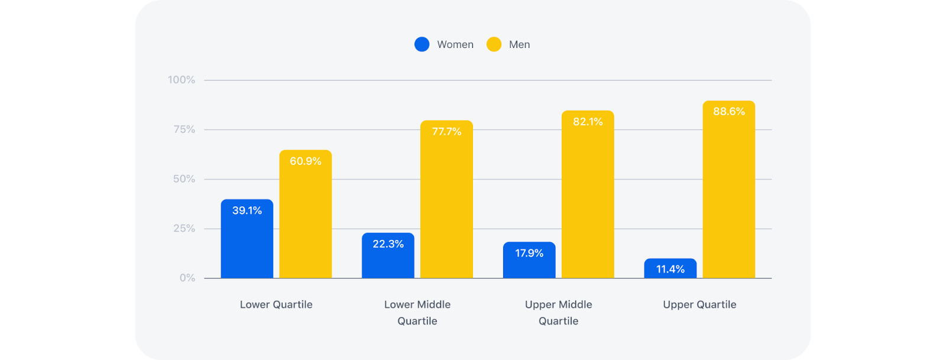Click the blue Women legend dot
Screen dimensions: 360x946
click(422, 44)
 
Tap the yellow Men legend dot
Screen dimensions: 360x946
click(494, 44)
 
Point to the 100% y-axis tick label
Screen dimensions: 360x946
click(182, 80)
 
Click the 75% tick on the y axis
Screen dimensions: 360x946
click(184, 129)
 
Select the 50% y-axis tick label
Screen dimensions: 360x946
click(184, 179)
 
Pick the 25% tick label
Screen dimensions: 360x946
click(184, 229)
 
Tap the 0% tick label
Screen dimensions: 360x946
click(187, 278)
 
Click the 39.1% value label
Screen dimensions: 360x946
click(247, 210)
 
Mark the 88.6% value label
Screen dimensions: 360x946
click(728, 112)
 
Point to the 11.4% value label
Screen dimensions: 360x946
click(670, 270)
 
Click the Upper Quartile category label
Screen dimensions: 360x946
click(699, 304)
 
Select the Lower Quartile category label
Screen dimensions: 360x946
click(276, 304)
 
